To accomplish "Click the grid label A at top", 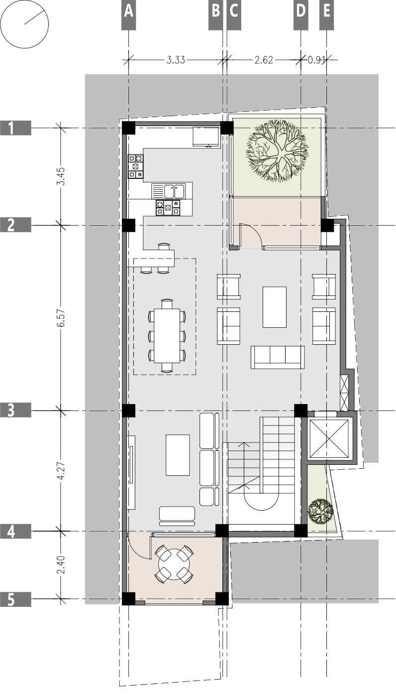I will (128, 11).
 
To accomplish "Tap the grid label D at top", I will (300, 11).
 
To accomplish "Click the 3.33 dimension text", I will (176, 60).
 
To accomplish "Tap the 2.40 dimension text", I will (61, 565).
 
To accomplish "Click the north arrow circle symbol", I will (24, 24).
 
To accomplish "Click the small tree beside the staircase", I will (320, 511).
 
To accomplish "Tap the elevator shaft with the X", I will (329, 438).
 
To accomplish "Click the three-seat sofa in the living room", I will (278, 356).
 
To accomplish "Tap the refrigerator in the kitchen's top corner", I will (206, 136).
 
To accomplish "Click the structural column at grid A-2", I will (128, 225).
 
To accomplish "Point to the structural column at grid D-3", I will (300, 411).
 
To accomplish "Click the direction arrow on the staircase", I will (243, 463).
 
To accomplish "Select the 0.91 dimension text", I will (316, 60).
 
